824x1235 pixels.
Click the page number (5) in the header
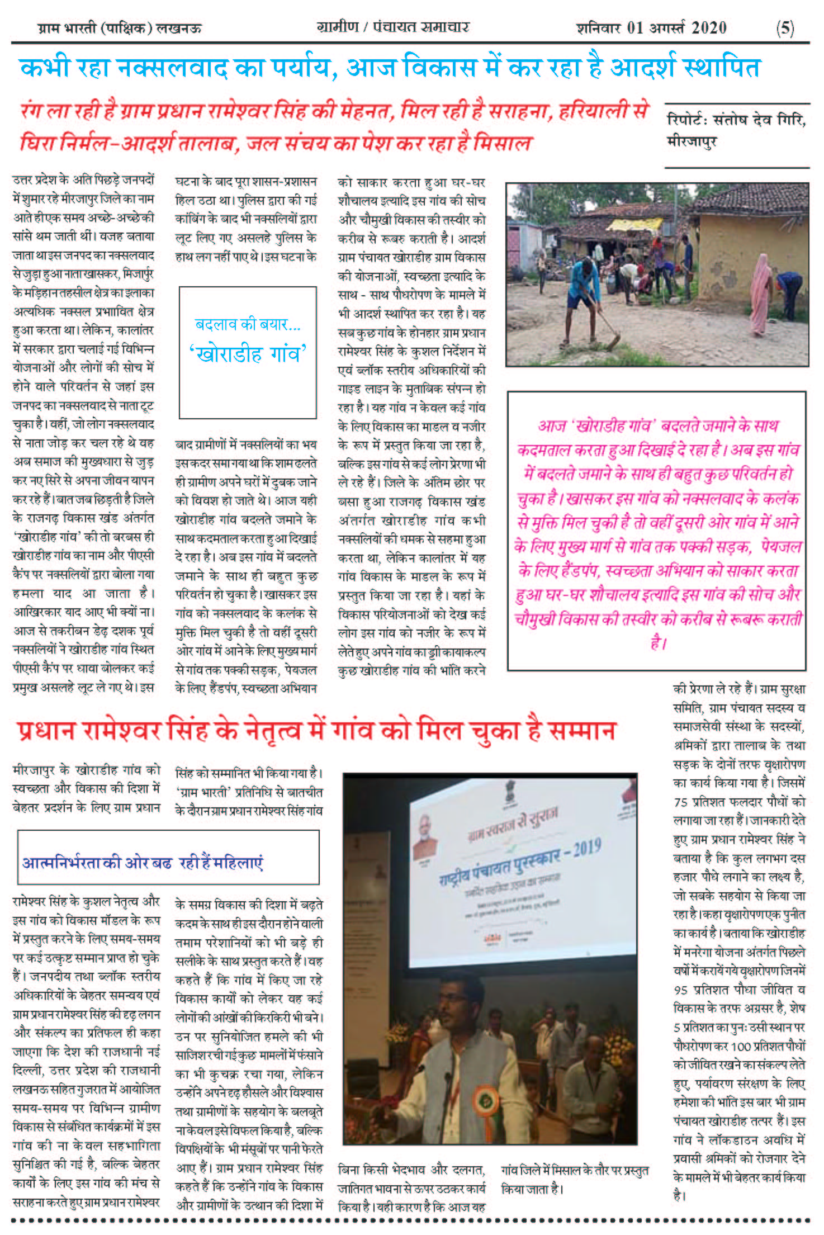click(784, 27)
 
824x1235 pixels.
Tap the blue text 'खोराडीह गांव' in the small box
click(248, 354)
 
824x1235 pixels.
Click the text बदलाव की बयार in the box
click(248, 324)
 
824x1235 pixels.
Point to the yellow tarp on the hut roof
click(634, 225)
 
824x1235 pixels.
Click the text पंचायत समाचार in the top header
click(420, 27)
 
